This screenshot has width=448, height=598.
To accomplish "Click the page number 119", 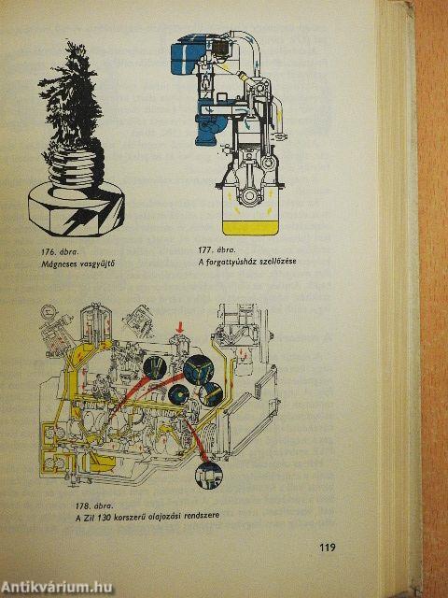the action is tap(328, 548).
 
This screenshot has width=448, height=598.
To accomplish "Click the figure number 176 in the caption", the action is tap(48, 251).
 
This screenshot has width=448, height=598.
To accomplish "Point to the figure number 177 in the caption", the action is tap(205, 250).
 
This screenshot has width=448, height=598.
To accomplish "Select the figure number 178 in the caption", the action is tap(82, 506).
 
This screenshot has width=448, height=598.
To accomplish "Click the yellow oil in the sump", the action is tap(250, 228).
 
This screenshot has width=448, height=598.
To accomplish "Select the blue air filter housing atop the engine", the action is tap(186, 53).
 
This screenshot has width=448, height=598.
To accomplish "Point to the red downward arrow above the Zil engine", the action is tap(180, 327).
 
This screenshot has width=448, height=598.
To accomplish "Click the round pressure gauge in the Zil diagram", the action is tap(48, 311).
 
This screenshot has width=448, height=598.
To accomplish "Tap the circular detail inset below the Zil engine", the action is tap(208, 476).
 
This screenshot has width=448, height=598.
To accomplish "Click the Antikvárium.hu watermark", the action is tap(56, 588).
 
